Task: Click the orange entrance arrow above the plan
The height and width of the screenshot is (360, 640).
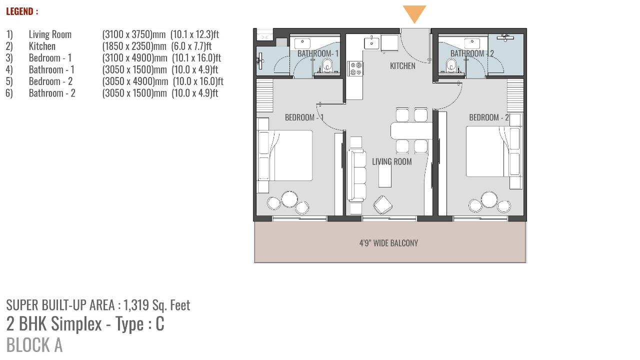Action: pyautogui.click(x=414, y=13)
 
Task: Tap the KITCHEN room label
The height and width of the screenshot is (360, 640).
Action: pyautogui.click(x=402, y=66)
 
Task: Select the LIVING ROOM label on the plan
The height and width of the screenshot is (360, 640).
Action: pyautogui.click(x=391, y=161)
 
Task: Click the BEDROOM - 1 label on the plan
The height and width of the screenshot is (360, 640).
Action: pyautogui.click(x=304, y=117)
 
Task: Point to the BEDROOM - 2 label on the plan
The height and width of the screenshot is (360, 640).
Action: pyautogui.click(x=489, y=117)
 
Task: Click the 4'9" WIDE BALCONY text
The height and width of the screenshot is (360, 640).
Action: pyautogui.click(x=388, y=243)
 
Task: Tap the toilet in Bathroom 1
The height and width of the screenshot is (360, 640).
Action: pyautogui.click(x=326, y=65)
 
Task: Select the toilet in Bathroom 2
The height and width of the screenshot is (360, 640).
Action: pyautogui.click(x=451, y=65)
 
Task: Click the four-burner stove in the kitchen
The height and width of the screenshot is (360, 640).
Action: pyautogui.click(x=355, y=68)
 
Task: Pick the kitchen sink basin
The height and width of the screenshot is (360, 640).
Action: pyautogui.click(x=371, y=43)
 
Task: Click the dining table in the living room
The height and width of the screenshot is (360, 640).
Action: pyautogui.click(x=411, y=131)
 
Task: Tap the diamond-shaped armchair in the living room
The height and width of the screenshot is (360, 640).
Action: pyautogui.click(x=382, y=205)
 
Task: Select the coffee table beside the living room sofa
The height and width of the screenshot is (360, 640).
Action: pyautogui.click(x=385, y=175)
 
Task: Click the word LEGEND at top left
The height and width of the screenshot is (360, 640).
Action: pyautogui.click(x=19, y=11)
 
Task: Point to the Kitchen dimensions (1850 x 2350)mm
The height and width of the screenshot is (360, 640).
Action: pyautogui.click(x=134, y=46)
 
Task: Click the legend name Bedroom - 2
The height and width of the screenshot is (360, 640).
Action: pyautogui.click(x=50, y=81)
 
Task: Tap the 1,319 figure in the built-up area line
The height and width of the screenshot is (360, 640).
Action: pyautogui.click(x=136, y=305)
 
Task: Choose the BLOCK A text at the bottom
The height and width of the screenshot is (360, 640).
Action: pyautogui.click(x=34, y=345)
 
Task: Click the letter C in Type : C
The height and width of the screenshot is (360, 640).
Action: pyautogui.click(x=160, y=323)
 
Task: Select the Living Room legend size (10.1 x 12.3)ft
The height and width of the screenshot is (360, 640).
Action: pyautogui.click(x=195, y=34)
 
